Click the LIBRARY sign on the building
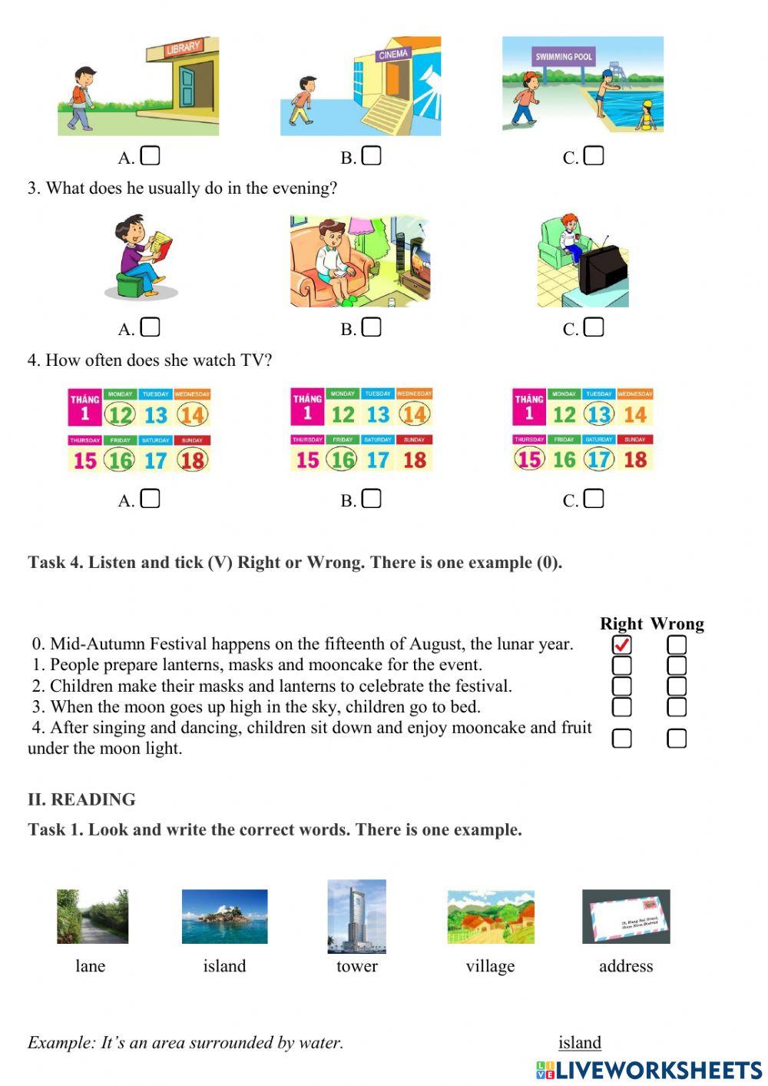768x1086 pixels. tap(183, 48)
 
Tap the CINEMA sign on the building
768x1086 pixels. tap(393, 55)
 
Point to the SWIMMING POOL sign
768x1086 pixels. tap(564, 56)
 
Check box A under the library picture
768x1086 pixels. tap(151, 156)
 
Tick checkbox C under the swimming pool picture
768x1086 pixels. tap(594, 156)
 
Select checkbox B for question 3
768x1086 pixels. tap(372, 327)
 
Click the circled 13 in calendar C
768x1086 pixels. tap(599, 415)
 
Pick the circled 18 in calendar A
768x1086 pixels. tap(192, 460)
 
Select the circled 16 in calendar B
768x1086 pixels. tap(342, 460)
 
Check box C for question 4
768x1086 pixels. tap(594, 499)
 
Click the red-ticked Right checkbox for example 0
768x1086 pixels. tap(621, 645)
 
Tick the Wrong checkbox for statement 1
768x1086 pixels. tap(677, 666)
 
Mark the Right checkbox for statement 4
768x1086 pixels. tap(621, 739)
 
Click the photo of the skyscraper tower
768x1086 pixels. tap(356, 916)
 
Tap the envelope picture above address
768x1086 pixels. tap(626, 916)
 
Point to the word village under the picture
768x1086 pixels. tap(490, 966)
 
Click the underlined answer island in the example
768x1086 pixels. tap(580, 1042)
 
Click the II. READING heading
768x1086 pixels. tap(81, 799)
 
